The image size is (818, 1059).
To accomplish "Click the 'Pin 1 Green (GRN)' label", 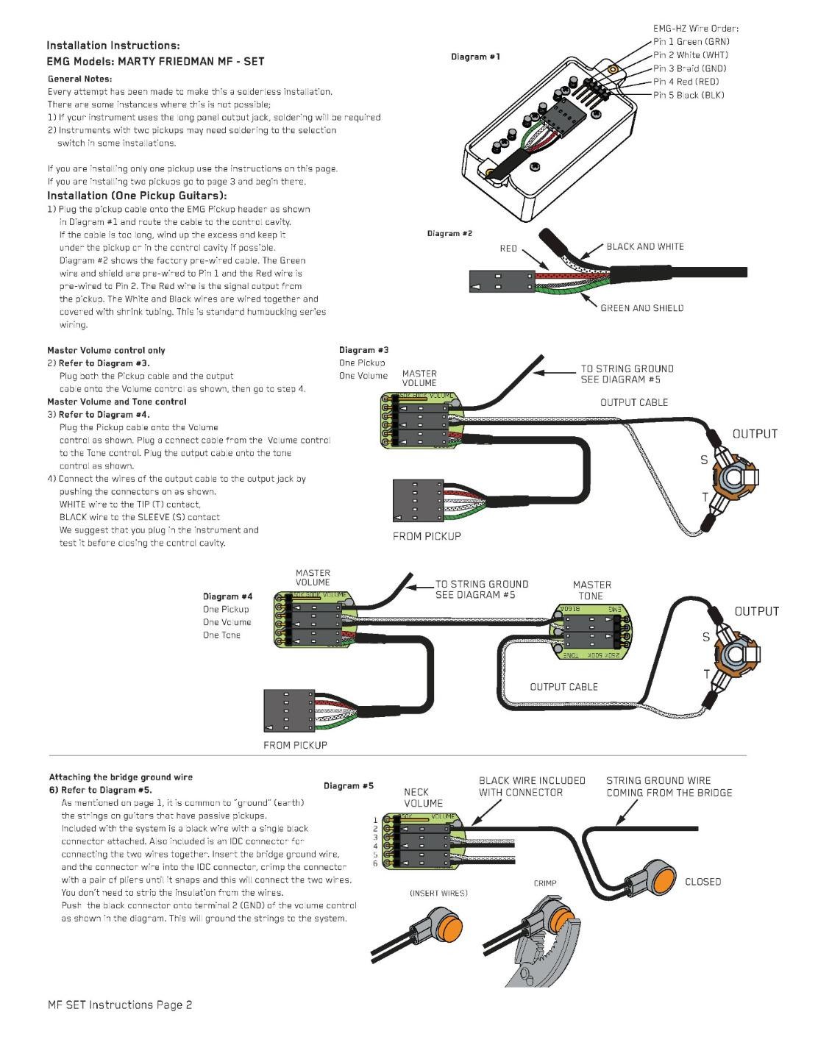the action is (691, 42).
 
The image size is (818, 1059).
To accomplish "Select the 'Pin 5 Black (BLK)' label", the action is (689, 95).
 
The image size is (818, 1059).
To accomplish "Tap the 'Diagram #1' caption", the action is (475, 57).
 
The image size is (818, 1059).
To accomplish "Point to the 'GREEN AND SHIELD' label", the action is (641, 308).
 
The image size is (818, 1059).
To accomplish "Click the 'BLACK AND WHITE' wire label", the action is (645, 246).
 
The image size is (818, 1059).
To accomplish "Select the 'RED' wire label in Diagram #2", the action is (508, 249).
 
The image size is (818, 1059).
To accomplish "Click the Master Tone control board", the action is (591, 632).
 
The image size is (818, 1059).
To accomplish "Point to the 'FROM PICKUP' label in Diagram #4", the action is (295, 745).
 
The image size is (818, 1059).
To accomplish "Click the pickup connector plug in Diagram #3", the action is (419, 501).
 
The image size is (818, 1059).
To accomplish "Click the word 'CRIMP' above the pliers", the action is (545, 883).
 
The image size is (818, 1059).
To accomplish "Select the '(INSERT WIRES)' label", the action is (438, 893).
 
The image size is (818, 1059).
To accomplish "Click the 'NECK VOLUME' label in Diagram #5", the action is (423, 797).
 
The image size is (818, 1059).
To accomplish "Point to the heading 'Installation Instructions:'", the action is (113, 46).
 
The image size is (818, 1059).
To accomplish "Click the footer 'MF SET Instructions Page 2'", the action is (120, 1005).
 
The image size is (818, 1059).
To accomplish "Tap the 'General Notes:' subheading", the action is (80, 79).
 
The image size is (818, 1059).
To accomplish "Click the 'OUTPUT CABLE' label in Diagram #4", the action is (563, 687).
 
